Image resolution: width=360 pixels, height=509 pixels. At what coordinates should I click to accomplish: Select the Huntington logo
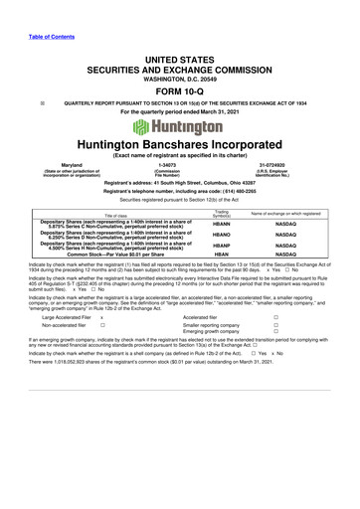pyautogui.click(x=181, y=128)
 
